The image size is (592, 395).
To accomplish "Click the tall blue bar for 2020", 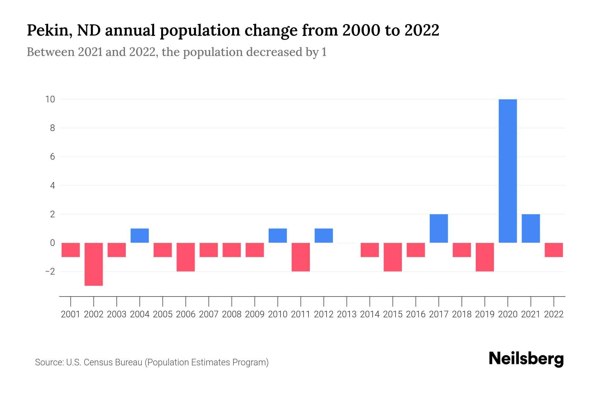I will click(x=508, y=171).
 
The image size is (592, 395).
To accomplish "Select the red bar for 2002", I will click(x=94, y=264).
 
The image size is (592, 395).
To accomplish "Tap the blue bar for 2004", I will click(x=140, y=236).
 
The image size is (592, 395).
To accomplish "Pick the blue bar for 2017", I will click(x=439, y=228).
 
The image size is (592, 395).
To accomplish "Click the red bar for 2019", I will click(x=485, y=257).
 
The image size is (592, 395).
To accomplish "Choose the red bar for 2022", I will click(x=554, y=250).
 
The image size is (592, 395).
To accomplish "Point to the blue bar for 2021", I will click(x=531, y=228).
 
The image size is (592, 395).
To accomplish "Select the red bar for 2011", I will click(x=301, y=257).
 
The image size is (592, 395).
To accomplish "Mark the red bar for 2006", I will click(x=186, y=257).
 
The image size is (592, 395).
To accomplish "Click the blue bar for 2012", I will click(x=324, y=236).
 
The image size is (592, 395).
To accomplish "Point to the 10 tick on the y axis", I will click(x=50, y=99).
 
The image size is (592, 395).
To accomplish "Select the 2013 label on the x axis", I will click(x=347, y=314).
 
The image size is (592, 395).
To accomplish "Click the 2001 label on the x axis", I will click(x=71, y=314).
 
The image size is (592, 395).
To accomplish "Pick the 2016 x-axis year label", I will click(x=416, y=314).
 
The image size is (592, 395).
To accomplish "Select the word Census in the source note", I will click(x=100, y=362).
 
